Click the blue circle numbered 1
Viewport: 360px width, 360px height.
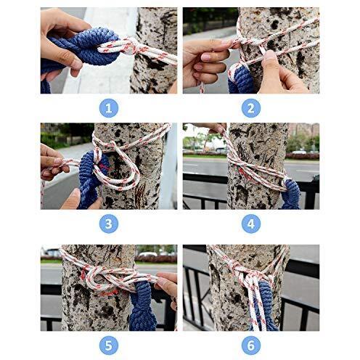pyautogui.click(x=109, y=108)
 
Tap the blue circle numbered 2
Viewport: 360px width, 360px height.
pyautogui.click(x=251, y=108)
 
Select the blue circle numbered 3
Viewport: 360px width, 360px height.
pyautogui.click(x=109, y=224)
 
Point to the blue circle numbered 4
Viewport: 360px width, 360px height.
pyautogui.click(x=251, y=224)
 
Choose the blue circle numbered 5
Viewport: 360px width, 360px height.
pyautogui.click(x=109, y=345)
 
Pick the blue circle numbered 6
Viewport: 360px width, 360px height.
pyautogui.click(x=251, y=345)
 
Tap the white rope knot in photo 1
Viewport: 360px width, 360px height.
pyautogui.click(x=129, y=47)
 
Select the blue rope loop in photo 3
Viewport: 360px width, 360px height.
pyautogui.click(x=92, y=179)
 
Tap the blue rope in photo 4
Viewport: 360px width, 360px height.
pyautogui.click(x=292, y=195)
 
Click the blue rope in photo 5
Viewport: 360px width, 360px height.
pyautogui.click(x=142, y=306)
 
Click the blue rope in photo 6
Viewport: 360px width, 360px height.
pyautogui.click(x=266, y=305)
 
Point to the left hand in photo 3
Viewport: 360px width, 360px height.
pyautogui.click(x=53, y=162)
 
